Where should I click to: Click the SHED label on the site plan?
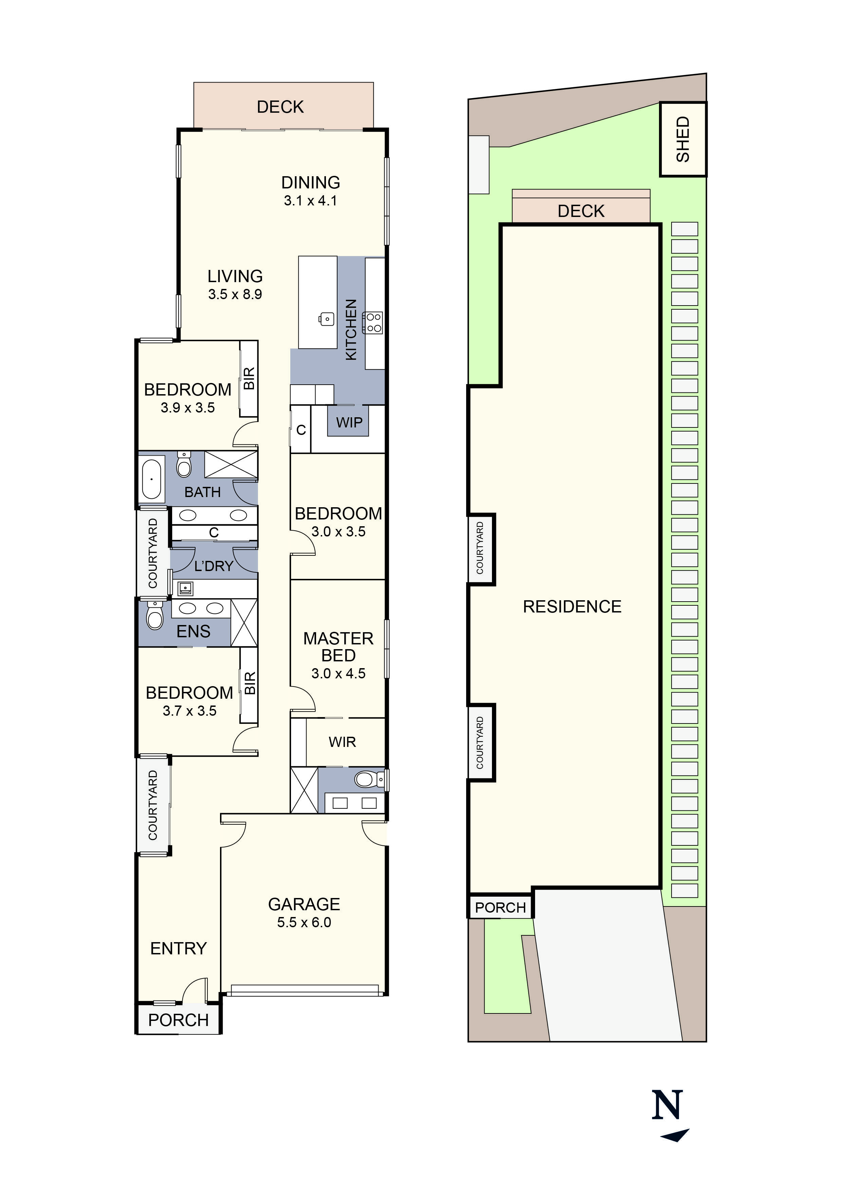[x=683, y=139]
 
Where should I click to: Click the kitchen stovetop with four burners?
[x=373, y=322]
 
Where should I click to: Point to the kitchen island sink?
[x=326, y=318]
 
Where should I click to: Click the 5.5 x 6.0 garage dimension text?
[x=304, y=922]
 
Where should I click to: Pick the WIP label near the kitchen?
[x=349, y=422]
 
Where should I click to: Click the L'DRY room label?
[x=214, y=566]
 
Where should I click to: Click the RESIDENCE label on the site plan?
[x=572, y=606]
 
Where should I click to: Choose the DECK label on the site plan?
[x=581, y=211]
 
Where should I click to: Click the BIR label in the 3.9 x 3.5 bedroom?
[x=249, y=378]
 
